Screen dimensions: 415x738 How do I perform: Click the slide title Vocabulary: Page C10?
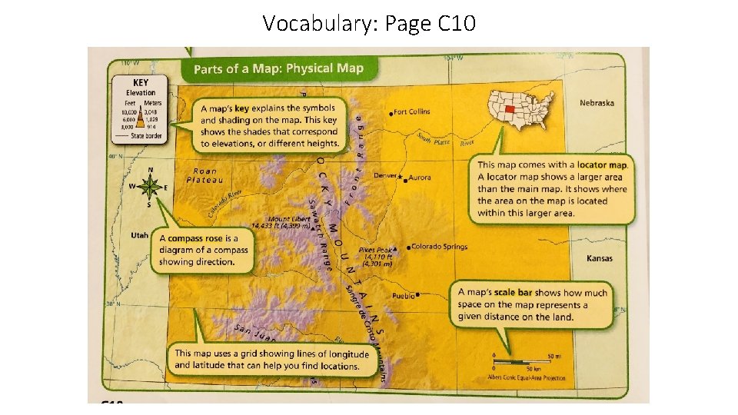pos(369,23)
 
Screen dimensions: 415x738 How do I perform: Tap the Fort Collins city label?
pos(411,111)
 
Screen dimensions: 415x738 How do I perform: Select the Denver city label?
pos(385,175)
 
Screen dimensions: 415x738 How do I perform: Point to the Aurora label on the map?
pos(420,178)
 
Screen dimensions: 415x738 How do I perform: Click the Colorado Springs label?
pos(439,247)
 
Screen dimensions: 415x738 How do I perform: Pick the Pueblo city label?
pos(403,295)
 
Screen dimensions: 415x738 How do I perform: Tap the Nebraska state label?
pos(597,103)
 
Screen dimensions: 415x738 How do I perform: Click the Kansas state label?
pos(600,258)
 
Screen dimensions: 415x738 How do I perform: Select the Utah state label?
pos(139,234)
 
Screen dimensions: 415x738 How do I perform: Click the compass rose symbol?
pos(151,185)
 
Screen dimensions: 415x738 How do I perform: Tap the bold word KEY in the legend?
pos(141,83)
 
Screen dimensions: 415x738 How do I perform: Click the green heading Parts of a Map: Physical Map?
pos(278,68)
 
